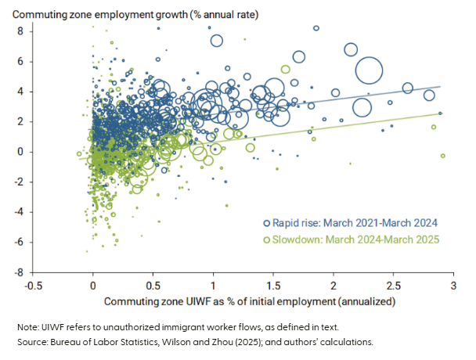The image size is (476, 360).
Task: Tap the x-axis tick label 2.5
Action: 393,286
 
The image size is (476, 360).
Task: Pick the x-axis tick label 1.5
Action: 273,286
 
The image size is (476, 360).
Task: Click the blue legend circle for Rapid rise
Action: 268,223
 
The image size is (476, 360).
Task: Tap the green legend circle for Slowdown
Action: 268,238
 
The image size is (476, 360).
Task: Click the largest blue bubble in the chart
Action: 370,71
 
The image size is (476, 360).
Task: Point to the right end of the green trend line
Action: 442,113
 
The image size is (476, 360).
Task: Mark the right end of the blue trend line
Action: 442,86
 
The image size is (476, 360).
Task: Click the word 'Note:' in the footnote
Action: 29,326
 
